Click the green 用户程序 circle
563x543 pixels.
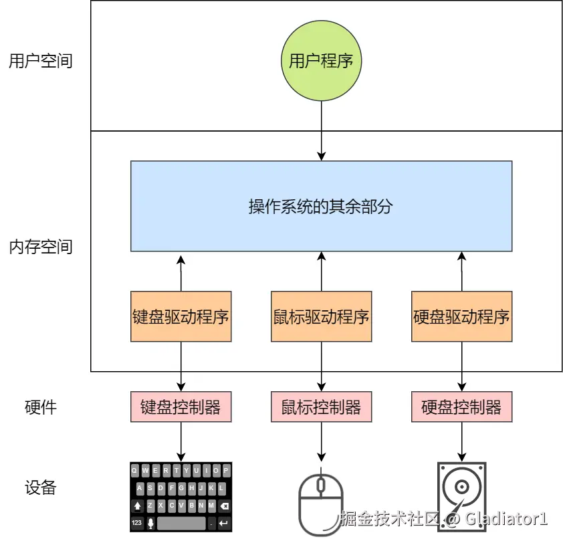(321, 62)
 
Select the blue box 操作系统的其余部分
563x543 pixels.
(321, 206)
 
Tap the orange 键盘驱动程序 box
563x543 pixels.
(181, 316)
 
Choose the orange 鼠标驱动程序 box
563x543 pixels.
(321, 316)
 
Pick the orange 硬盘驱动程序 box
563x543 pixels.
(461, 316)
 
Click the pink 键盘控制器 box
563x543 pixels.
(181, 407)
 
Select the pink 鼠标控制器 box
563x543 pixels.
(321, 407)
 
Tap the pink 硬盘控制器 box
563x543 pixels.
(461, 407)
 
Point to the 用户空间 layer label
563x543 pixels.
(40, 62)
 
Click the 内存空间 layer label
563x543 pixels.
(40, 247)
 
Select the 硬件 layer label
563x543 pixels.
(40, 407)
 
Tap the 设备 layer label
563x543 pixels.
(40, 487)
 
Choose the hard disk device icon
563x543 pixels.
(461, 498)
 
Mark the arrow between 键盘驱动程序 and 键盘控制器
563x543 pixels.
(181, 366)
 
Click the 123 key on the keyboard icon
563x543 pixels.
(136, 522)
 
